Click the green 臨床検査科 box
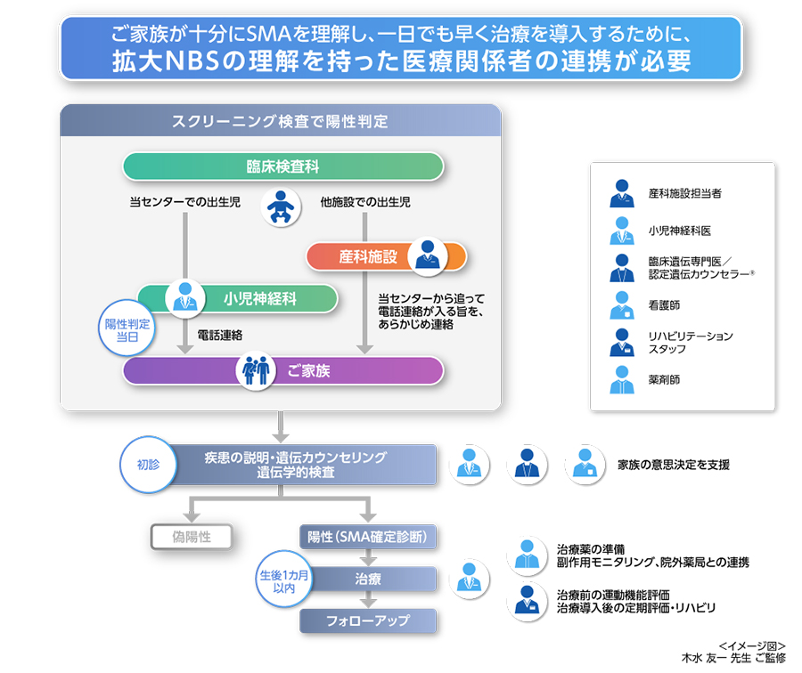(x=282, y=166)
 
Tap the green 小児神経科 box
(x=238, y=298)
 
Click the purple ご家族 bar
(x=282, y=370)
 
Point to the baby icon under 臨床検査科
(x=279, y=207)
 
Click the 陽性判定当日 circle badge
(x=127, y=329)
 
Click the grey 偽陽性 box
(x=191, y=536)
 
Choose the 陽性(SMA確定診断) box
(x=367, y=537)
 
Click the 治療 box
(x=367, y=580)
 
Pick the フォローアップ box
(x=367, y=620)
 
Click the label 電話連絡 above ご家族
(x=220, y=335)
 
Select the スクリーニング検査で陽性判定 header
(x=280, y=120)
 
